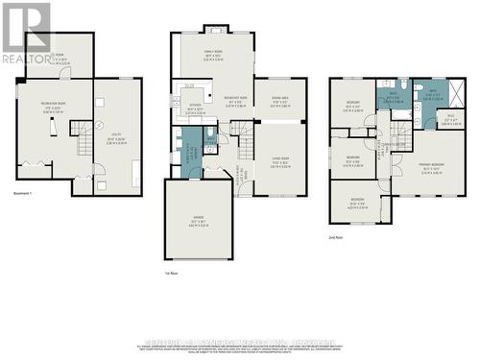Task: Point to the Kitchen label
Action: click(195, 108)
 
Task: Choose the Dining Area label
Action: click(280, 99)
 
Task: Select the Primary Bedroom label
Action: click(436, 167)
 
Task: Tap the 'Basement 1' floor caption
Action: click(27, 219)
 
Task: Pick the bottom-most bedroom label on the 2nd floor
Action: click(356, 204)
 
